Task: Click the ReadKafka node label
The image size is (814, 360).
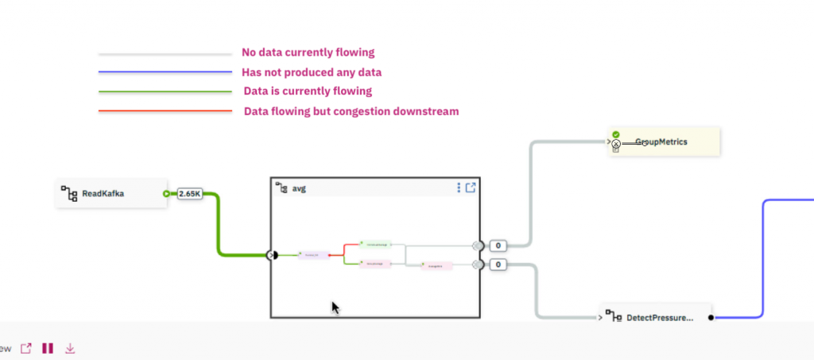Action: [x=103, y=193]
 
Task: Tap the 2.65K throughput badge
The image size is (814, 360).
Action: [x=190, y=193]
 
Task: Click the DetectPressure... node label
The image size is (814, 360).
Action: [x=660, y=318]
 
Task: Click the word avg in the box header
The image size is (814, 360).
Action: [x=298, y=188]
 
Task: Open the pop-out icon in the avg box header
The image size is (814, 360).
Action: [x=471, y=188]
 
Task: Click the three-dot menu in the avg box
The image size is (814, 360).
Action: [x=459, y=188]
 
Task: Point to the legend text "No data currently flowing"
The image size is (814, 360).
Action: [x=308, y=52]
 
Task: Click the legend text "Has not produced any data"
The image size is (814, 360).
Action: [x=306, y=72]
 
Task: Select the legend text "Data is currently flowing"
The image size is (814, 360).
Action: [x=307, y=91]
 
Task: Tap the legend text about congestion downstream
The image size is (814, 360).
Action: [x=351, y=111]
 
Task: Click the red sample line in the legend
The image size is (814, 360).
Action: [x=165, y=111]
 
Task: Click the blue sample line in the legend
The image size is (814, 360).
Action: [x=165, y=73]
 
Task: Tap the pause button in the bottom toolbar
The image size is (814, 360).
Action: [x=48, y=348]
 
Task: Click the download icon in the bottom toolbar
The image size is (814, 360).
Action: [x=70, y=348]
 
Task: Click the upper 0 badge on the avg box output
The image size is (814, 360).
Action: [x=498, y=246]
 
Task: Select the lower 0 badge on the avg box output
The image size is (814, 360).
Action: [x=498, y=265]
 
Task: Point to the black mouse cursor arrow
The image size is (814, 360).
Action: [x=335, y=308]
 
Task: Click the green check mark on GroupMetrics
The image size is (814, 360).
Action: [x=616, y=135]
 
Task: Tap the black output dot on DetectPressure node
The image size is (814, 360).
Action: [x=711, y=318]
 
